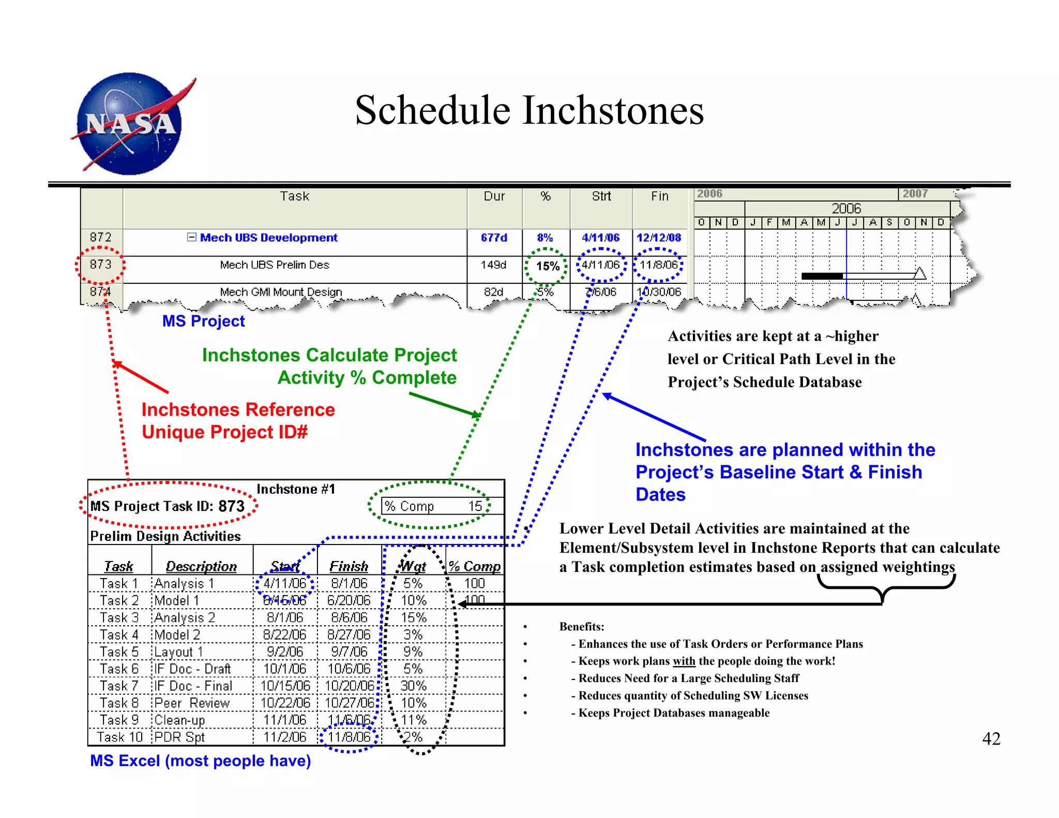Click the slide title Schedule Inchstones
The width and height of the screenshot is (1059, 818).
[x=529, y=111]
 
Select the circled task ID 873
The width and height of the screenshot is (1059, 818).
[x=100, y=264]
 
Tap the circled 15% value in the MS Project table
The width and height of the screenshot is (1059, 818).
[x=547, y=266]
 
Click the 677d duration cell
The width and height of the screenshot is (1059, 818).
[x=494, y=238]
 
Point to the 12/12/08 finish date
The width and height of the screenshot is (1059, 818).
[x=659, y=238]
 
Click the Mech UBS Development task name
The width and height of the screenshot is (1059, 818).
[x=268, y=238]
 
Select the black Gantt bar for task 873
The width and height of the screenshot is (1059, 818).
[x=822, y=276]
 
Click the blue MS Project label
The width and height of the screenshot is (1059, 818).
[x=203, y=321]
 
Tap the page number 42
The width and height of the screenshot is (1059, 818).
[x=991, y=738]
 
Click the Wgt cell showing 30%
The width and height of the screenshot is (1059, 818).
[x=414, y=686]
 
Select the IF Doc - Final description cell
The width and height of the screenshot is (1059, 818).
[x=193, y=686]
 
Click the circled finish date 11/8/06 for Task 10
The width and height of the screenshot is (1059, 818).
[x=349, y=737]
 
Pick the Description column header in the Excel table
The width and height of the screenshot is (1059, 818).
[x=201, y=567]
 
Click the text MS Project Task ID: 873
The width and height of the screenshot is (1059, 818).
[x=167, y=506]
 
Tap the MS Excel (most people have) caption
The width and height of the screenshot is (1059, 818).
[x=200, y=761]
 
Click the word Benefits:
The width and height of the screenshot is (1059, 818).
[x=581, y=627]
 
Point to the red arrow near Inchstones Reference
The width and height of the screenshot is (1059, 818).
[x=141, y=377]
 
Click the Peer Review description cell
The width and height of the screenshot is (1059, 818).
[x=192, y=703]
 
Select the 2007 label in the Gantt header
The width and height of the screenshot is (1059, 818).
[x=915, y=194]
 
